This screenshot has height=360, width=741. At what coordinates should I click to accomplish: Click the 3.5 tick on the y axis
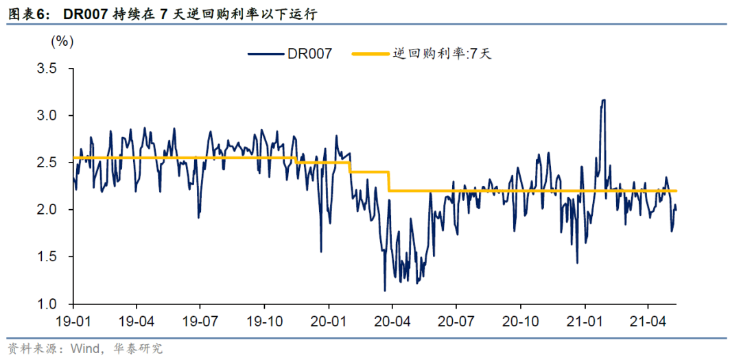tap(47, 69)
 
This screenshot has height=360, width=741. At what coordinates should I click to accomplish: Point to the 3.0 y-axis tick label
tap(47, 115)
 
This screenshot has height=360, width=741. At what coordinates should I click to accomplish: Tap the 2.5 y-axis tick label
tap(47, 163)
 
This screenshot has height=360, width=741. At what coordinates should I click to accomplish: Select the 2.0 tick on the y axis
tap(47, 210)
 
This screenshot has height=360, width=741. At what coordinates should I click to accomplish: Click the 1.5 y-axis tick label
tap(47, 257)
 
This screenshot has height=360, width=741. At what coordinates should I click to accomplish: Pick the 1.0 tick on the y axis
tap(47, 304)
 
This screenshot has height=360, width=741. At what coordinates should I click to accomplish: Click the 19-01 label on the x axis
tap(72, 320)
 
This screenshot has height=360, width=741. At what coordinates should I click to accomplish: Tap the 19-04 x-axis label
tap(136, 320)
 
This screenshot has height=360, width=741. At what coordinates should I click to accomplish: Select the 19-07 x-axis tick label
tap(200, 320)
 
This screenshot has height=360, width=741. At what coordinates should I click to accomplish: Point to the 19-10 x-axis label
tap(264, 320)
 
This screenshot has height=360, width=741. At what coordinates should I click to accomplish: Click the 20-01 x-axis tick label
tap(328, 320)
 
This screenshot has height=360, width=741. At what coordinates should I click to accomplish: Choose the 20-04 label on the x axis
tap(392, 320)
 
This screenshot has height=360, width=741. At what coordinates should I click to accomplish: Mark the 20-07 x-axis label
tap(456, 320)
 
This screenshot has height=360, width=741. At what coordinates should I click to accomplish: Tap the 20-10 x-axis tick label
tap(520, 320)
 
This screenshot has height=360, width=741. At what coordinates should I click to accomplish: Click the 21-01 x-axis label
tap(584, 320)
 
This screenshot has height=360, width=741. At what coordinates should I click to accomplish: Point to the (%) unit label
tap(62, 41)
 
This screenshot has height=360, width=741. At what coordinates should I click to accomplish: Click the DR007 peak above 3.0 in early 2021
tap(603, 100)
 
